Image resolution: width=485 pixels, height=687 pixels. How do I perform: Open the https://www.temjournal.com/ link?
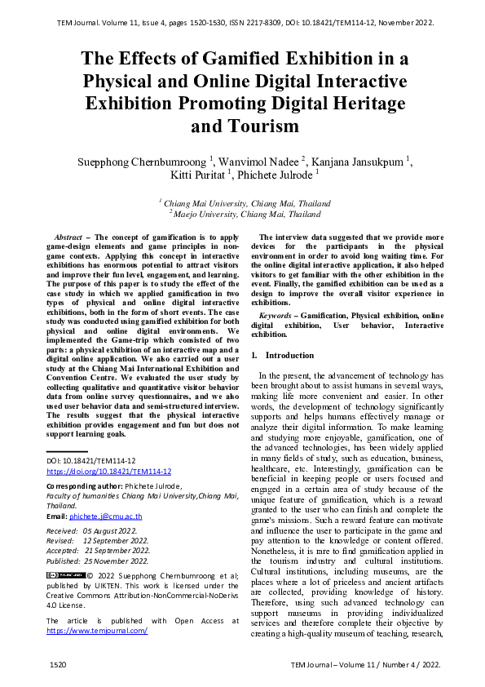pyautogui.click(x=96, y=631)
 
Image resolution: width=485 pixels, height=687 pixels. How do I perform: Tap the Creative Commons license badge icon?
pyautogui.click(x=66, y=576)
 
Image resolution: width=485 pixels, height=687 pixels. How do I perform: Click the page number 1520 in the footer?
pyautogui.click(x=57, y=665)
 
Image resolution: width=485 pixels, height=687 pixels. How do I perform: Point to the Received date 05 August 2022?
pyautogui.click(x=114, y=531)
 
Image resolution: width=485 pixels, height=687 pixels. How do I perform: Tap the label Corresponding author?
pyautogui.click(x=84, y=485)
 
